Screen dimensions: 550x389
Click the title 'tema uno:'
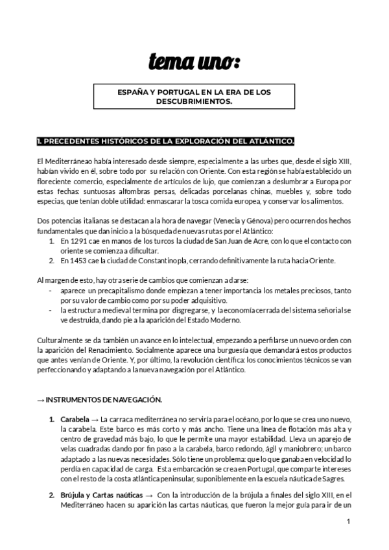coord(194,62)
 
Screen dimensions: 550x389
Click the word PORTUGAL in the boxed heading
coord(180,93)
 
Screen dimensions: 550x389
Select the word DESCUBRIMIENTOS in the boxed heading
coord(194,102)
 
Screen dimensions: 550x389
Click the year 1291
coord(77,241)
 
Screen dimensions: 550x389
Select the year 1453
coord(77,261)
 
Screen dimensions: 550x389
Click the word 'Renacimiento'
coord(123,350)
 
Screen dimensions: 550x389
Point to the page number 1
coord(348,521)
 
